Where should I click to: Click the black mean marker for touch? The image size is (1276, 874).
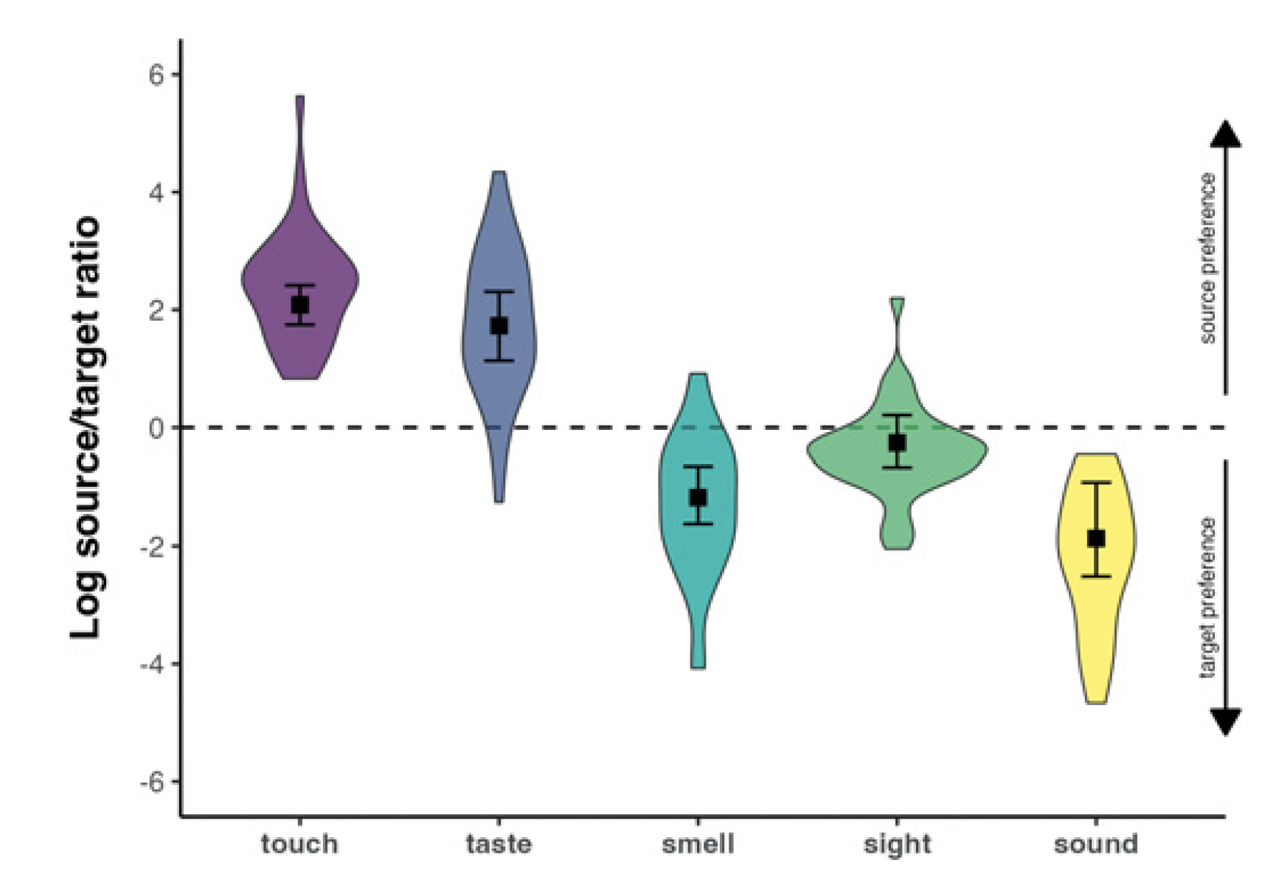click(299, 305)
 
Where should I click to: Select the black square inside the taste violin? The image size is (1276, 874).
click(499, 325)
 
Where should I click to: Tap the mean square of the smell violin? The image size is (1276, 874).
click(698, 497)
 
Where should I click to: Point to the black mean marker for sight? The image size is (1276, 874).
click(897, 443)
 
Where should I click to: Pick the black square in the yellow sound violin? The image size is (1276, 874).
click(1096, 538)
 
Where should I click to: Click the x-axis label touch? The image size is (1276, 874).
click(299, 844)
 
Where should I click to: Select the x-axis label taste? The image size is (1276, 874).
click(499, 844)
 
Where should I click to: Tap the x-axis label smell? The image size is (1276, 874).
click(698, 844)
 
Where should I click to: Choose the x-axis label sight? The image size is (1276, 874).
click(897, 844)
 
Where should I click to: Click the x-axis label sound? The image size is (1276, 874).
click(1096, 844)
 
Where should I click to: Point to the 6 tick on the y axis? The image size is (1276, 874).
click(156, 74)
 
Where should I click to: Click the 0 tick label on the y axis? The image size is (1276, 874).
click(156, 428)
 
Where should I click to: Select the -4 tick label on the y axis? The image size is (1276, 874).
click(152, 664)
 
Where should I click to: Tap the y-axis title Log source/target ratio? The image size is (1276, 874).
click(86, 428)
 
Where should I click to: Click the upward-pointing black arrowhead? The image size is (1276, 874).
click(1226, 135)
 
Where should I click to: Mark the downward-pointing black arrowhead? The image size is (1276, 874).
click(1226, 721)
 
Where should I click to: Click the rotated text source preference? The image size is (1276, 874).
click(1207, 258)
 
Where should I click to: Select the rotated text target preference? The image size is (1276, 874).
click(1207, 597)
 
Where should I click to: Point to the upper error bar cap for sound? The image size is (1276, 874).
click(1096, 482)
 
